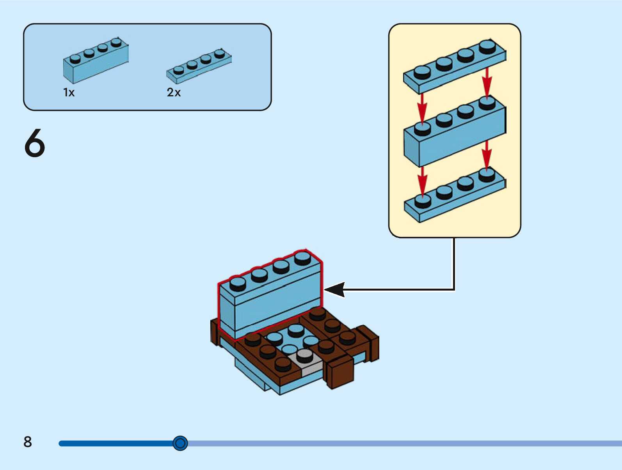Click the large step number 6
tap(35, 143)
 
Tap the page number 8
tap(27, 442)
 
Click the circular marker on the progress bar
tap(180, 443)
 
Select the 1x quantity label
tap(69, 92)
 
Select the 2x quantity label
tap(174, 92)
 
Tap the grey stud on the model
tap(305, 356)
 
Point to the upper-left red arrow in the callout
tap(422, 109)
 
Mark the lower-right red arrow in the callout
tap(486, 154)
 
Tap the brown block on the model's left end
tap(215, 332)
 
